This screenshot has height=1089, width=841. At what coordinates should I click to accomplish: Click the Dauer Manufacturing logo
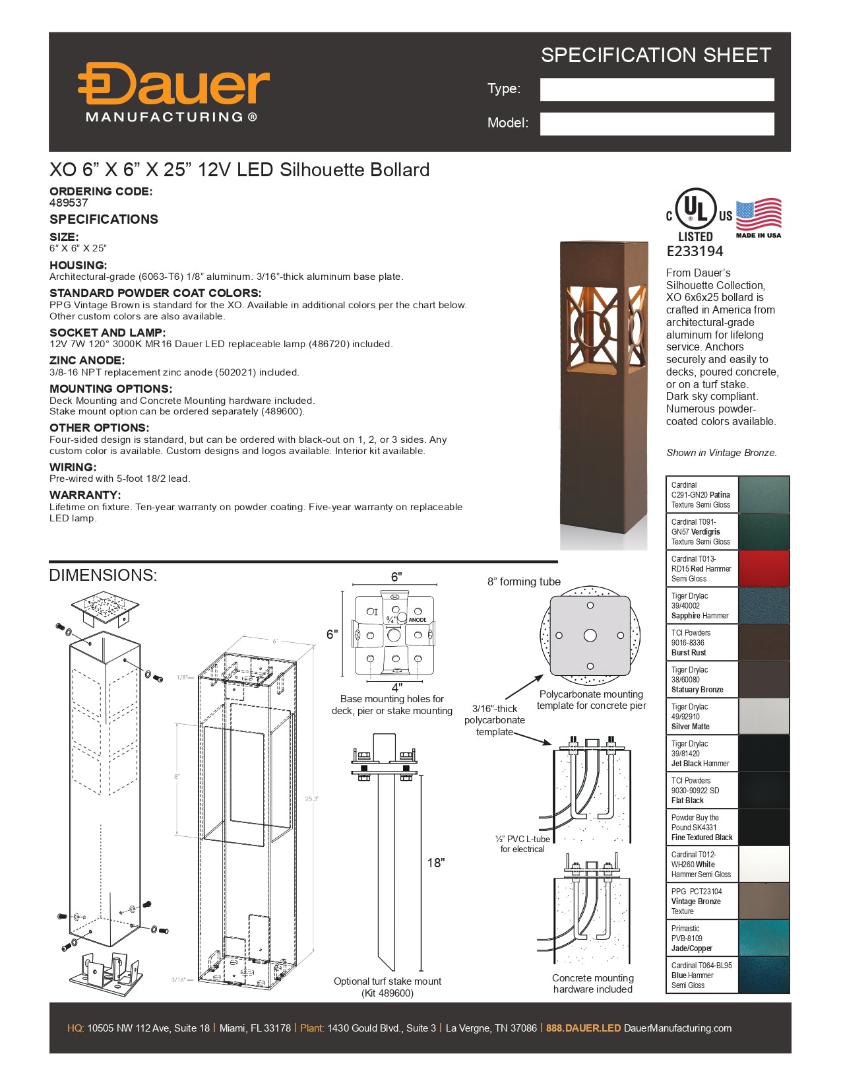click(x=173, y=92)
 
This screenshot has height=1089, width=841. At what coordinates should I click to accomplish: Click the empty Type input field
click(x=656, y=90)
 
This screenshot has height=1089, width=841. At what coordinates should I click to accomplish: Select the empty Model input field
click(x=656, y=124)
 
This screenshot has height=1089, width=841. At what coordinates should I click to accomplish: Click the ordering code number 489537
click(x=69, y=203)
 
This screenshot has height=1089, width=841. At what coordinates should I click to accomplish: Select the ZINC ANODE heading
click(x=86, y=360)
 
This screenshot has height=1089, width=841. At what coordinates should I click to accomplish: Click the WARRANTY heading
click(x=85, y=495)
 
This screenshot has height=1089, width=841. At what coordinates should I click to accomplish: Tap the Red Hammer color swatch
click(x=764, y=568)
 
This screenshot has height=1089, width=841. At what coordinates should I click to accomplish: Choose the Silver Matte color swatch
click(x=764, y=716)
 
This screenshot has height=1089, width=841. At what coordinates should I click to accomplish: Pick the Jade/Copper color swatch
click(x=764, y=938)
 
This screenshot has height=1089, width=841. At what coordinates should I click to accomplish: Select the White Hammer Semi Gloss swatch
click(x=764, y=864)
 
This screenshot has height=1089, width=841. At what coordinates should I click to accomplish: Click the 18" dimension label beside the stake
click(x=436, y=863)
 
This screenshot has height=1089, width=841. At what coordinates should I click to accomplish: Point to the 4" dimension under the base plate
click(x=396, y=687)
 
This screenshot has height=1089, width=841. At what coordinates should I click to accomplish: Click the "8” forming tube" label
click(x=524, y=581)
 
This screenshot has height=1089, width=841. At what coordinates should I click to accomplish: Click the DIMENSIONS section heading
click(x=103, y=575)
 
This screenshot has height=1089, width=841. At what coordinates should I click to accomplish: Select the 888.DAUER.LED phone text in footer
click(x=583, y=1028)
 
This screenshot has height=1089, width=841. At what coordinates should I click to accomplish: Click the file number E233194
click(x=695, y=251)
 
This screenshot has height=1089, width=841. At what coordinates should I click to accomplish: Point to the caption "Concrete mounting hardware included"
click(x=592, y=983)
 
